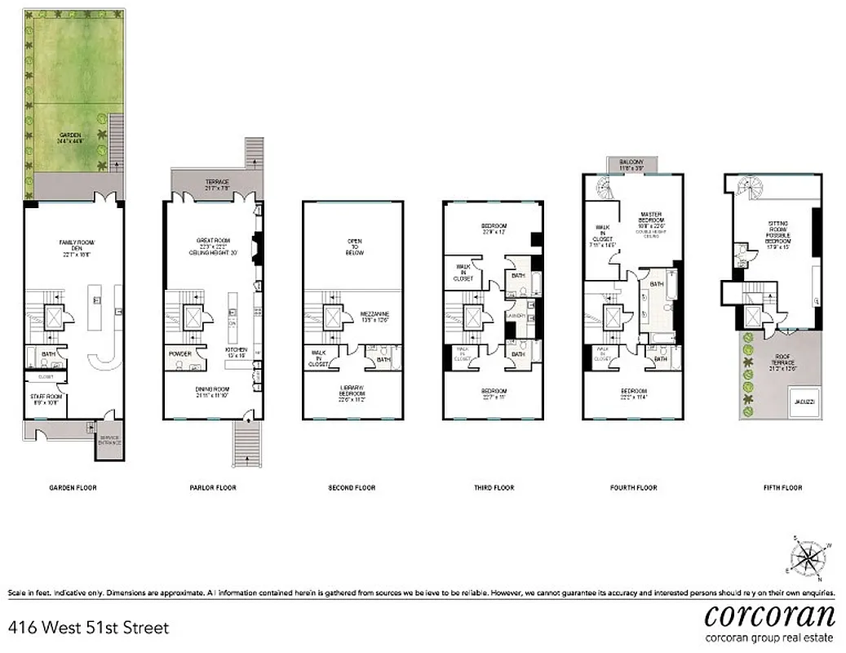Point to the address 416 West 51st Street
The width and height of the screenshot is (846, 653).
[x=88, y=628]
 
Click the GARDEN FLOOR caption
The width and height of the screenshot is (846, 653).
[x=73, y=488]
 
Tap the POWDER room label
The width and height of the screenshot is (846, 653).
[x=179, y=354]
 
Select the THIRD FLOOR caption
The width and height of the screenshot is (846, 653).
[x=494, y=488]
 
